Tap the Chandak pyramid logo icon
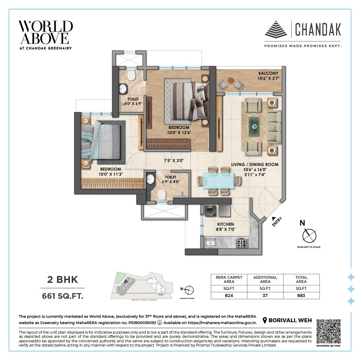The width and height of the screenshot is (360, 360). pos(276,29)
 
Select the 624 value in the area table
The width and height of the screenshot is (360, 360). pos(229,295)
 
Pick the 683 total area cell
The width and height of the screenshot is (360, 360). pos(301,295)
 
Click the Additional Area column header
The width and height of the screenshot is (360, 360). pos(265,279)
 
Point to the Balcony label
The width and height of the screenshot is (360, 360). pos(268,73)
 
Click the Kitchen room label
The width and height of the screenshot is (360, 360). pos(225,224)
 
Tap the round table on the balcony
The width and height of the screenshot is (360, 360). pos(230,80)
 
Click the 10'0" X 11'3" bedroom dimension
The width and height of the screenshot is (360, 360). pos(111,174)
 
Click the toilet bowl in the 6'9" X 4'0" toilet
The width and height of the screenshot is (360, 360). pos(161,195)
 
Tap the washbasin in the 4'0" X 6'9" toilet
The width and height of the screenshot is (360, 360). pos(122,88)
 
